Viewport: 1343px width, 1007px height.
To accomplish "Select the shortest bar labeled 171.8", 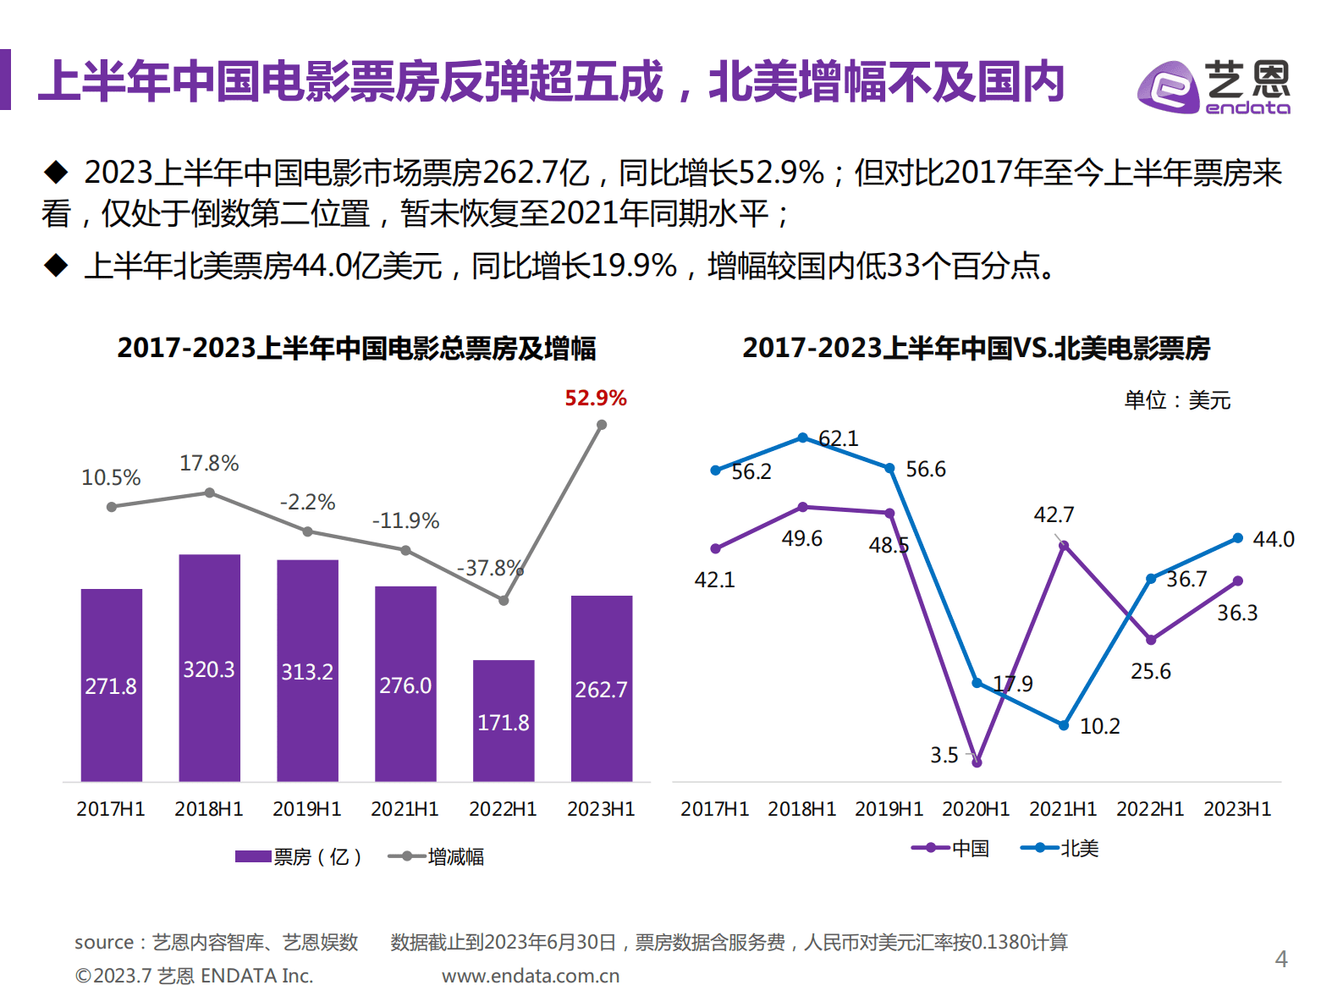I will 504,720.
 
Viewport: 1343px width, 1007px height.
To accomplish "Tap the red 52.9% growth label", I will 596,398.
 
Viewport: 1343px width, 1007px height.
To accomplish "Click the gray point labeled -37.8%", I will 504,600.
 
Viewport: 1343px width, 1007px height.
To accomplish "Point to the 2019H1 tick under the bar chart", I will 306,809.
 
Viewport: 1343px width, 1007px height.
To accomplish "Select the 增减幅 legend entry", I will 437,856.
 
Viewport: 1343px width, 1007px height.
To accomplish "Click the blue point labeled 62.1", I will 803,437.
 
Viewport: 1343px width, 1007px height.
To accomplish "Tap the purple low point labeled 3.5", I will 977,762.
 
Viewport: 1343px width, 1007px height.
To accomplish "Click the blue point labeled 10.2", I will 1064,725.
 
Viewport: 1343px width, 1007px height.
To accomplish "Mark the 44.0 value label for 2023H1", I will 1273,539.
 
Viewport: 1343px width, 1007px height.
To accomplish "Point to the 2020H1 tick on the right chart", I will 976,809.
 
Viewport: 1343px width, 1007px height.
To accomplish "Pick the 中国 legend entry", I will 951,848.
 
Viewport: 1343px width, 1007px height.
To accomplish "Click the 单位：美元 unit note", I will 1176,399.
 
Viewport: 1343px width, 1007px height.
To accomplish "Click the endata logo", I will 1214,86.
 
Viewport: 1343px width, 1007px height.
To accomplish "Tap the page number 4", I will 1281,959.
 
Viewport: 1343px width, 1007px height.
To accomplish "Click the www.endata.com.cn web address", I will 531,976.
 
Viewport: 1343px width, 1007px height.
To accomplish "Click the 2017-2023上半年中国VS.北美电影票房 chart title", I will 976,348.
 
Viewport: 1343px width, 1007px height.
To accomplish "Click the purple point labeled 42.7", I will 1064,546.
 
